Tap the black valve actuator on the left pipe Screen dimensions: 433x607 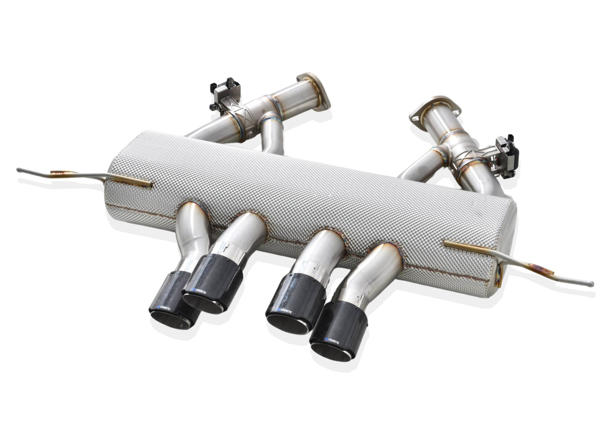tap(224, 93)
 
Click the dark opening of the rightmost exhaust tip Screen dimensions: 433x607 tap(331, 352)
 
